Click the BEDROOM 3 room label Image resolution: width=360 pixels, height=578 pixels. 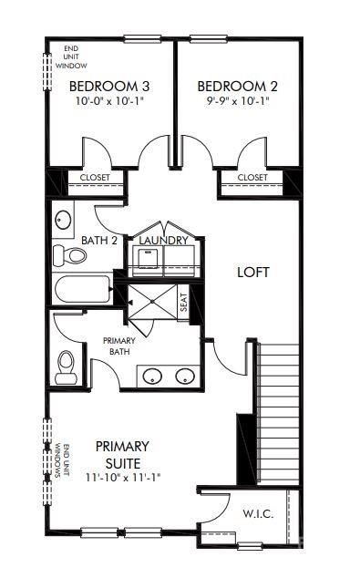click(108, 87)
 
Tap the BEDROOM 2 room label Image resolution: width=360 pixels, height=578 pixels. click(236, 87)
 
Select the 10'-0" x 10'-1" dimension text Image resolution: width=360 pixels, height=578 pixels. click(108, 102)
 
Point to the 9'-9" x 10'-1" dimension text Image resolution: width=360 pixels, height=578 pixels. click(236, 102)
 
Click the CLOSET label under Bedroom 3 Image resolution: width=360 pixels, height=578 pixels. click(95, 178)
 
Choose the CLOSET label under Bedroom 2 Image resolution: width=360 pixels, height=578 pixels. click(252, 178)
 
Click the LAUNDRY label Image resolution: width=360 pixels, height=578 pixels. click(164, 241)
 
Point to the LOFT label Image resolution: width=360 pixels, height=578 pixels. click(254, 272)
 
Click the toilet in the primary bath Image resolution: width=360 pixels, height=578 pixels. click(66, 366)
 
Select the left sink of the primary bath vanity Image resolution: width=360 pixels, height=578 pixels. click(154, 375)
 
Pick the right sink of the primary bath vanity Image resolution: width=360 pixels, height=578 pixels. click(186, 375)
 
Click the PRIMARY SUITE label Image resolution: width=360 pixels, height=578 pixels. click(121, 454)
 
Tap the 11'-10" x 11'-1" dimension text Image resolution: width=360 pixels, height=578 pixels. click(121, 477)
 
